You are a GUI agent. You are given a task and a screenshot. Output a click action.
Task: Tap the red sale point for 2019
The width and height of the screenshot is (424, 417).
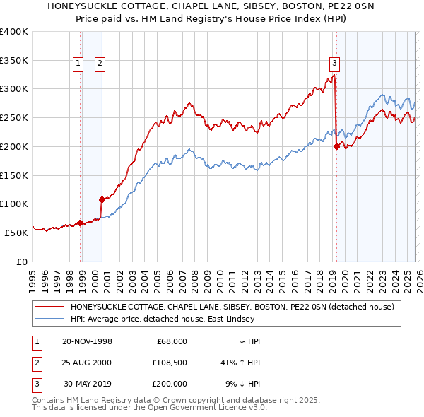336,146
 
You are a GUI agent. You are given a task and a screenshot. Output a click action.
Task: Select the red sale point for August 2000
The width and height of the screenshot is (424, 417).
102,199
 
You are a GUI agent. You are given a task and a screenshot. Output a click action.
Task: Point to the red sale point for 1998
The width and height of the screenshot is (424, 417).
80,223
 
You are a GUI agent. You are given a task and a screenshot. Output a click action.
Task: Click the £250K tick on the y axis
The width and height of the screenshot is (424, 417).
14,118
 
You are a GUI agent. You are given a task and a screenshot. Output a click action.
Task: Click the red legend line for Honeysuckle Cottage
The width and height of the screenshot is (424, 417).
50,307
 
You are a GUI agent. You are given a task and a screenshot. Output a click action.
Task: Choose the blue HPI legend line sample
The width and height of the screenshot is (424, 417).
50,319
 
